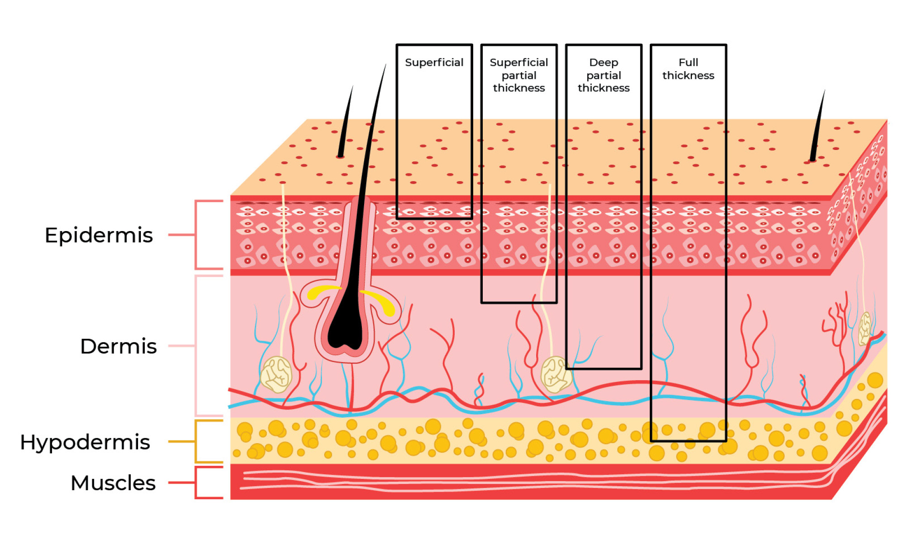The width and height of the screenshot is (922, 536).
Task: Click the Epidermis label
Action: [99, 235]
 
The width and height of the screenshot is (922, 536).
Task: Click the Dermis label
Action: [118, 346]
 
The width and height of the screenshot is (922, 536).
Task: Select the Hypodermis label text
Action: [85, 442]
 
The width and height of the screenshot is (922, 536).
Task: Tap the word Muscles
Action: [113, 483]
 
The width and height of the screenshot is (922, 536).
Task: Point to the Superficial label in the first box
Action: [434, 63]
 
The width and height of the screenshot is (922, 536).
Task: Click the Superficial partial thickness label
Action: [519, 75]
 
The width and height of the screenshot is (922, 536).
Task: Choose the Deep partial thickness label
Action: [603, 75]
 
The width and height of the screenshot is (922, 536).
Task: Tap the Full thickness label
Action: [688, 69]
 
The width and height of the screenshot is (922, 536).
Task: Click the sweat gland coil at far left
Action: [276, 374]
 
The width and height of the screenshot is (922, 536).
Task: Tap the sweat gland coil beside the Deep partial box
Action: [555, 374]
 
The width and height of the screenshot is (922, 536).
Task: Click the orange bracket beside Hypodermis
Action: [197, 441]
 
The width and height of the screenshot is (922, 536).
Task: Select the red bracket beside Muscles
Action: [197, 483]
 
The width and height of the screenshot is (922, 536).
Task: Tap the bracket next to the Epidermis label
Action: [197, 235]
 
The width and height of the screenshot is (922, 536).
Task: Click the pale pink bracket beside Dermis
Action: [197, 346]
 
